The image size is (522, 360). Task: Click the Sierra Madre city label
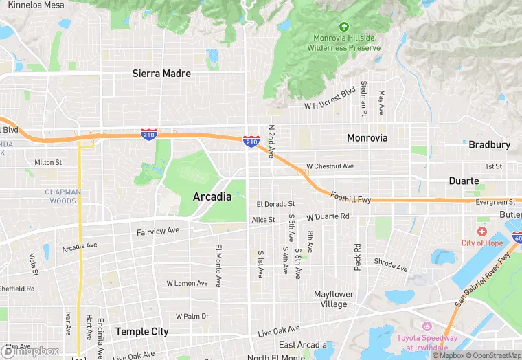point(161,74)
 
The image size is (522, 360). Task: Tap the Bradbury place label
point(489,145)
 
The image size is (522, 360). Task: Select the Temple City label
point(141,332)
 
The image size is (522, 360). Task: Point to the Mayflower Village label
point(334,299)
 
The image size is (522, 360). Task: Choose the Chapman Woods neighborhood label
point(63,196)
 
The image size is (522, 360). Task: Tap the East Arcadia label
point(303,345)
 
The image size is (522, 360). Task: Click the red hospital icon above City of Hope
point(482,232)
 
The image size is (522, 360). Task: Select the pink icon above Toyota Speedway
point(427,326)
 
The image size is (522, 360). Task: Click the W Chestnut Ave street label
point(330,166)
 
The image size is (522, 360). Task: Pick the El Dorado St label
point(275,204)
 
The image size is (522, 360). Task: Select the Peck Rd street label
point(357,256)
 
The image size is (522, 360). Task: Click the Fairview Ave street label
point(157,232)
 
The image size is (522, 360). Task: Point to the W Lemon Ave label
point(187,283)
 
